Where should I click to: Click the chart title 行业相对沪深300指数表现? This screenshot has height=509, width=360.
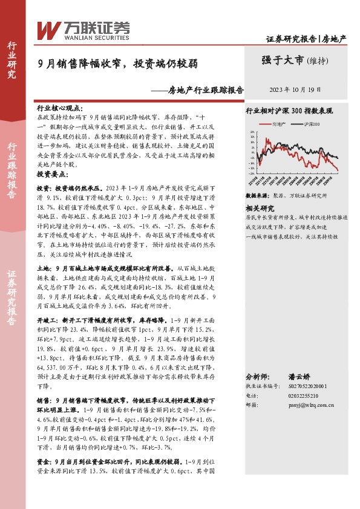point(289,111)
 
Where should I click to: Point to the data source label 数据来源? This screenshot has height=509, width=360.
point(257,196)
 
